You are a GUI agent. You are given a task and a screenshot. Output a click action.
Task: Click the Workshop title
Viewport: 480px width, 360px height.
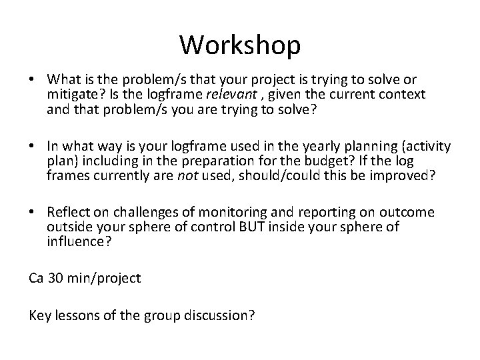pos(240,45)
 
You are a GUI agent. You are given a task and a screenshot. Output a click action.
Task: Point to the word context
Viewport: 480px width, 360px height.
pos(404,95)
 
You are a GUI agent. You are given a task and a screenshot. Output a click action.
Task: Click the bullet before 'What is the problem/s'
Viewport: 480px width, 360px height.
pos(33,81)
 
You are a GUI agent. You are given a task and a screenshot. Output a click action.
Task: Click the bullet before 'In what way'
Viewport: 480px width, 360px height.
pos(33,147)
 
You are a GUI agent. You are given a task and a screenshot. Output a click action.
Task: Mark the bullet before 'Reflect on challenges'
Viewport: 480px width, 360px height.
pos(33,213)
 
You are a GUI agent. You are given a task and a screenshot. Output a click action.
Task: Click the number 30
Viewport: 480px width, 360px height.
pos(55,279)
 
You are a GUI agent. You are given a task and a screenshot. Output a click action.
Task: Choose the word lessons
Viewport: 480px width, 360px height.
pos(75,315)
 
